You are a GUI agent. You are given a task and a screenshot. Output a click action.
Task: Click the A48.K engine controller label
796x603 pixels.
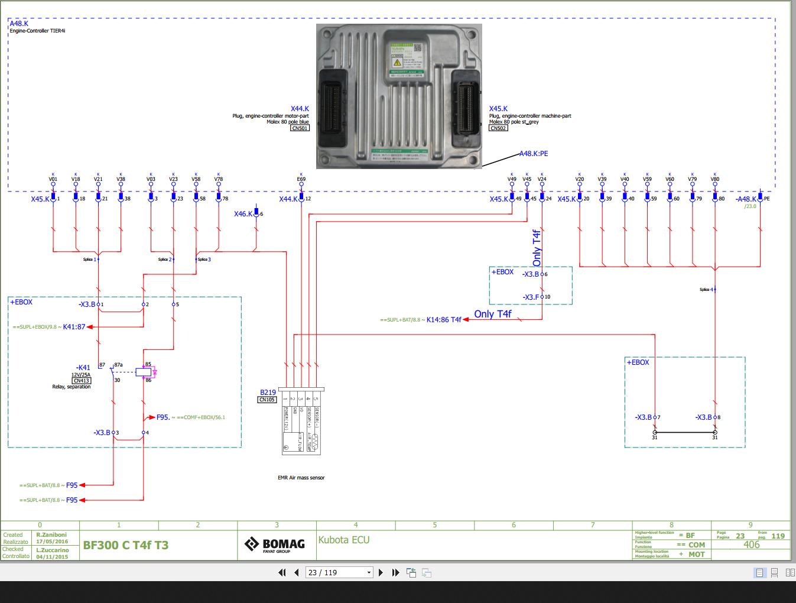19,24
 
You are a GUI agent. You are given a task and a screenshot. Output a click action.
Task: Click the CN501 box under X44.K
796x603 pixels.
300,128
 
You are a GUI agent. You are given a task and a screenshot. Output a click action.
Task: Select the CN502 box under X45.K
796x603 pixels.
498,128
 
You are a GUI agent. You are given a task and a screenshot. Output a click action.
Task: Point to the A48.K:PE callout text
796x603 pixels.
533,154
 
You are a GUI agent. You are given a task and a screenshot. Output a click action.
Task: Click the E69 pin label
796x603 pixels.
301,179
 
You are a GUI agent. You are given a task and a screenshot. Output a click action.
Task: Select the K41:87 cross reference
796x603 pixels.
74,327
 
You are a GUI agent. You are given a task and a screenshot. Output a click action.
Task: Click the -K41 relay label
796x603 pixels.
83,368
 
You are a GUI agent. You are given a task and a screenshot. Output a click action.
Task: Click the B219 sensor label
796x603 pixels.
268,393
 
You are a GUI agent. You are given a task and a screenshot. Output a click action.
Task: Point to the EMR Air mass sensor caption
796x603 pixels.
301,478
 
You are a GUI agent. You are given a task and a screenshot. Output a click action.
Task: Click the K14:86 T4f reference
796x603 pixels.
444,320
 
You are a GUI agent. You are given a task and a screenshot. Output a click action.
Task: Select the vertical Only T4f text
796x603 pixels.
537,248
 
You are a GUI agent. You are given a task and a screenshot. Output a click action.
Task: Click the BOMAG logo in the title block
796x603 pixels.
275,544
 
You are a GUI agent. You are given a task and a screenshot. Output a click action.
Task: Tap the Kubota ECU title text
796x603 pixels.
344,540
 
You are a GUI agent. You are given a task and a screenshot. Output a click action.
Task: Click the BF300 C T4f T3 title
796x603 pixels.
125,545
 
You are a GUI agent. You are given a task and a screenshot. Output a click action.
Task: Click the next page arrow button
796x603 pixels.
381,572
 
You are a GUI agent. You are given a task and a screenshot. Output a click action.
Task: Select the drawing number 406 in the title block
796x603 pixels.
751,545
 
